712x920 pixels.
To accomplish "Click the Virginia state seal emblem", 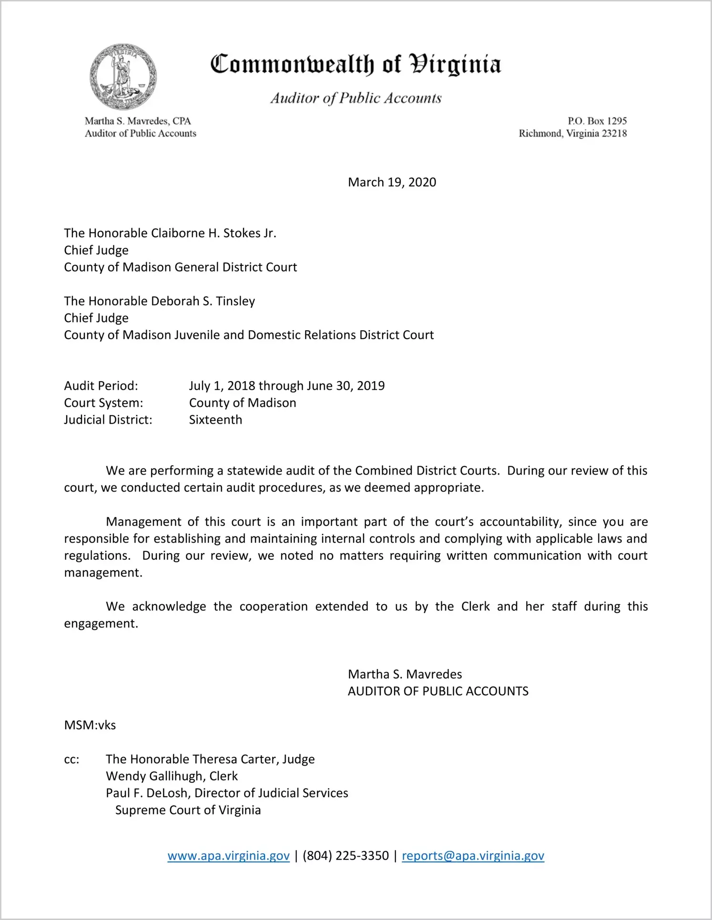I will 123,76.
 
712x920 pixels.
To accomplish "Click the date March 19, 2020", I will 392,182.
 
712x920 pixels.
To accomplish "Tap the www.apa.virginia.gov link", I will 228,856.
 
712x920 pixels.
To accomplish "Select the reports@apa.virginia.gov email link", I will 473,856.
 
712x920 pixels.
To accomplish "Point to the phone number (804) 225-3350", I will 346,856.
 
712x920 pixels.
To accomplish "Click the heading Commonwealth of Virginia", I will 356,64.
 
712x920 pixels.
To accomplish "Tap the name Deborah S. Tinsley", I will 196,301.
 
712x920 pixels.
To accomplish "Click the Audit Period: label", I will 101,386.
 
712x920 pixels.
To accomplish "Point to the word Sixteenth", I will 215,420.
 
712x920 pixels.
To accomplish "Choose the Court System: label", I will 103,403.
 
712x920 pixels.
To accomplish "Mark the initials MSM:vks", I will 90,725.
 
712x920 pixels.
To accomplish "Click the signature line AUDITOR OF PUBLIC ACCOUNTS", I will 438,691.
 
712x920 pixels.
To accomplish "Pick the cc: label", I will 71,759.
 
